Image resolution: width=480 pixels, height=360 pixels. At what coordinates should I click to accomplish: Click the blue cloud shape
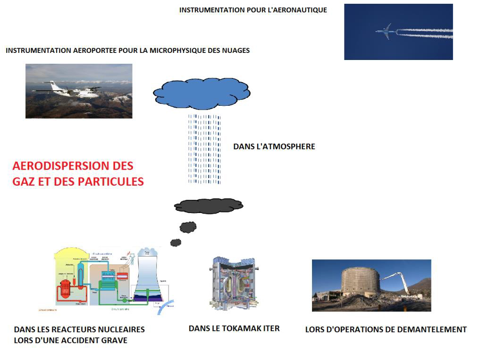(x=202, y=93)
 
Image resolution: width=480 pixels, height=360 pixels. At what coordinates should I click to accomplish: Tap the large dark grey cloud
(x=209, y=206)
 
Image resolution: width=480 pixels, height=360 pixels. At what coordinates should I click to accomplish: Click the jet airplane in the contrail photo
(x=386, y=32)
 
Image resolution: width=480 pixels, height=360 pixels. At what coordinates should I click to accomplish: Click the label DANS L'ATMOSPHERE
(x=274, y=146)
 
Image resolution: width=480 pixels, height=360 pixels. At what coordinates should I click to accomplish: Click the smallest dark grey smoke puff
(x=176, y=242)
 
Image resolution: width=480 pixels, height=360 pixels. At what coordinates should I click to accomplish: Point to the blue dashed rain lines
(x=204, y=148)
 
